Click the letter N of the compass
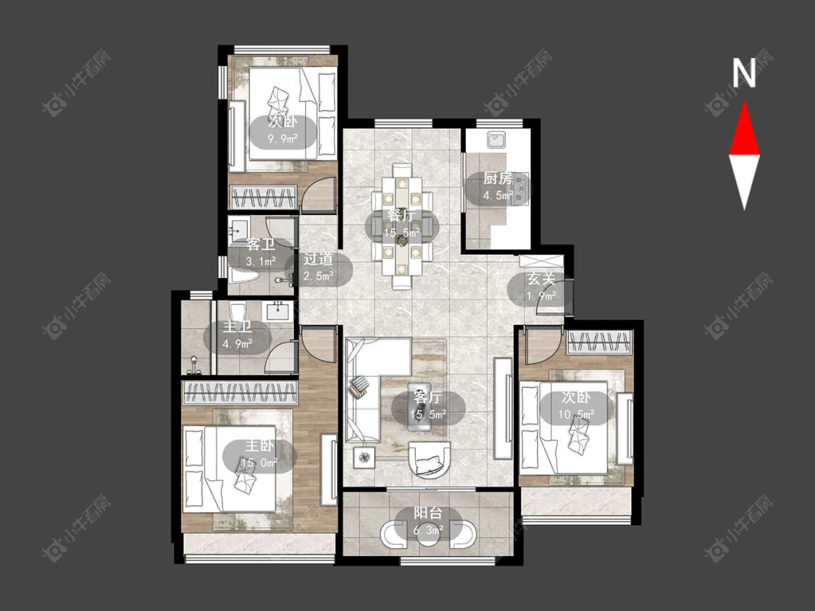[744, 72]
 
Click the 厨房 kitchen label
[498, 179]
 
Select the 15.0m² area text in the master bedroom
[259, 463]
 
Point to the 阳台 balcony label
[428, 513]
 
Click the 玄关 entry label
[542, 279]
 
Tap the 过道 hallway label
[318, 258]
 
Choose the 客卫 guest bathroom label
[261, 244]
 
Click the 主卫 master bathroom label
[237, 326]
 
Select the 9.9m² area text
[283, 139]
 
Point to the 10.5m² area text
[576, 415]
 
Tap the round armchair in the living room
[430, 460]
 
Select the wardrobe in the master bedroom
[240, 392]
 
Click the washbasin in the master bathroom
[278, 311]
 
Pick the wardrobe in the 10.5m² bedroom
[599, 342]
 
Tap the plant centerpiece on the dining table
[401, 240]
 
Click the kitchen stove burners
[520, 188]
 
